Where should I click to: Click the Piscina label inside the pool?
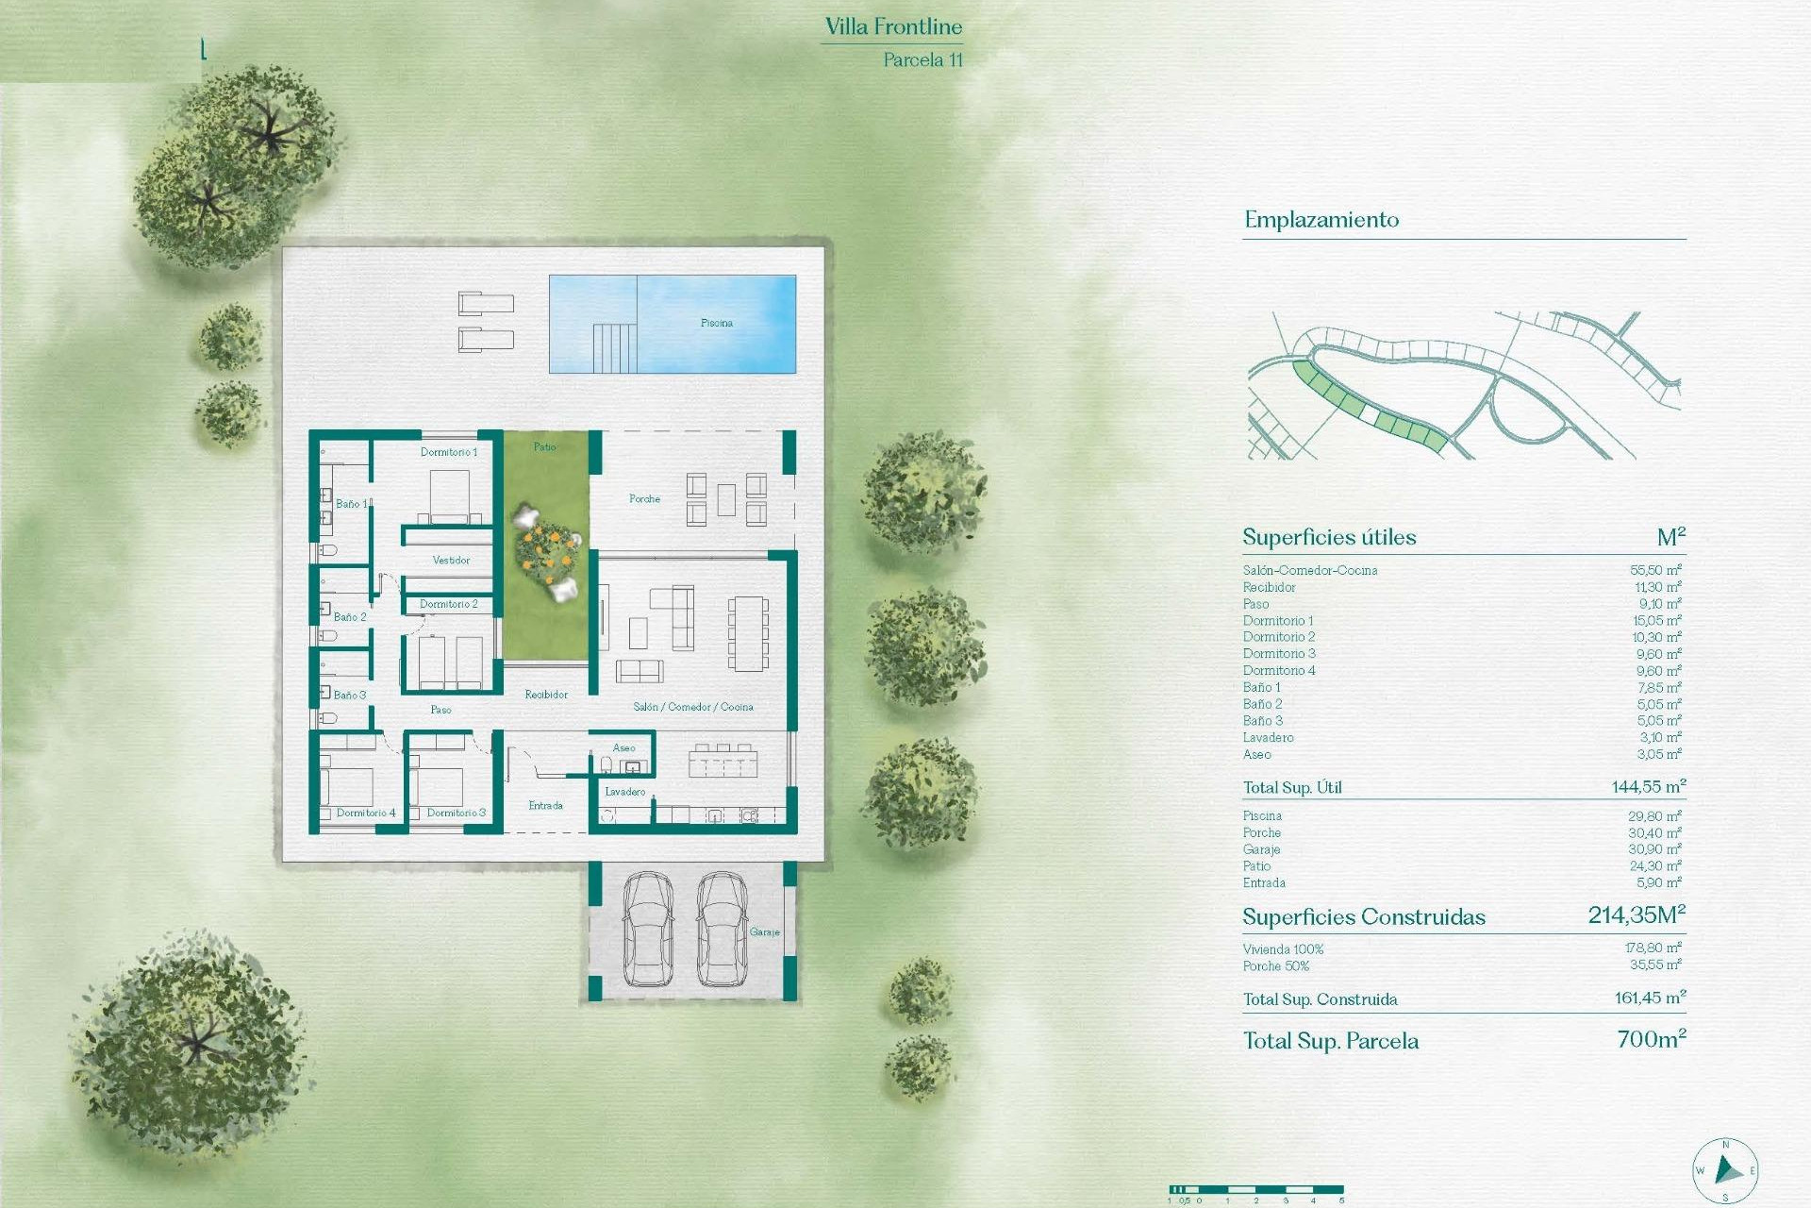[717, 323]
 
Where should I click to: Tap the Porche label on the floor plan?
[644, 498]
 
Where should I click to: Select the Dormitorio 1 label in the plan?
[449, 452]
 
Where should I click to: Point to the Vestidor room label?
[451, 560]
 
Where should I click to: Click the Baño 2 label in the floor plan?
[350, 616]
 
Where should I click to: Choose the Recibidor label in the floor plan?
[546, 695]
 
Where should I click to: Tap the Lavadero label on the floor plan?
[625, 792]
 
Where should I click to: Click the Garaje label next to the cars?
[765, 931]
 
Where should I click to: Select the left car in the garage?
[648, 929]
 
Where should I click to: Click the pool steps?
[615, 347]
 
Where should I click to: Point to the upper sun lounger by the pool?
[486, 303]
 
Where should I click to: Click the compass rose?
[1725, 1171]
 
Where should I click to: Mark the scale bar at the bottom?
[1255, 1190]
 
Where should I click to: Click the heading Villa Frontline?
[893, 26]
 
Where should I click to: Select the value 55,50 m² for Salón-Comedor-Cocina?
[1655, 570]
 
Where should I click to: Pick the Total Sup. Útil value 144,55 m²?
[1648, 786]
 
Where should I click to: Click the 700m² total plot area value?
[1651, 1039]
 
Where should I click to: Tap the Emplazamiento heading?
[1321, 220]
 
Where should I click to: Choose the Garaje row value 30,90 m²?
[1655, 849]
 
